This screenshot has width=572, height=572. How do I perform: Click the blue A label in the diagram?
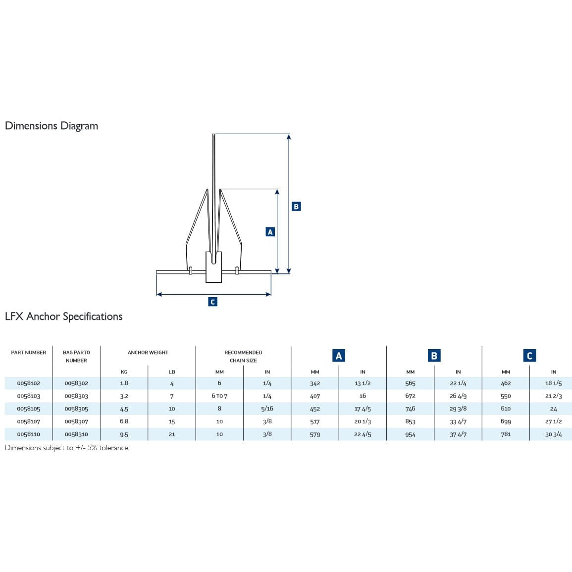(270, 232)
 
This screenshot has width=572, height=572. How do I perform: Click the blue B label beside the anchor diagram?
(296, 207)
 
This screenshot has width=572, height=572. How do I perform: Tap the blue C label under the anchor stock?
(212, 302)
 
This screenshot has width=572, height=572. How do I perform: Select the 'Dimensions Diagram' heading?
(52, 126)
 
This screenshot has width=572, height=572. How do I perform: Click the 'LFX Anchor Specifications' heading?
(63, 316)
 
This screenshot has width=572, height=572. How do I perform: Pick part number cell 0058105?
(28, 409)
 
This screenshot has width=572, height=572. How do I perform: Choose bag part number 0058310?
(76, 434)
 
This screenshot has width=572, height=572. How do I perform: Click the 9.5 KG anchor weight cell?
(124, 434)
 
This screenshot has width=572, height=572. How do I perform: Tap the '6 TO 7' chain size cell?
(219, 396)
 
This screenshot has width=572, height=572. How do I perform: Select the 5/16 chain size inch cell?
(267, 409)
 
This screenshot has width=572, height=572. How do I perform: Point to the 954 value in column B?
(410, 434)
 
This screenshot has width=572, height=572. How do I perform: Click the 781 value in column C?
(506, 434)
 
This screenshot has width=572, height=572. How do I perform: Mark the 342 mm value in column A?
(315, 383)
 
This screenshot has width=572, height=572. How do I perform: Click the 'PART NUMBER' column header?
(28, 353)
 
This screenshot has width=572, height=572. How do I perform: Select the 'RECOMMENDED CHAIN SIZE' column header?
(243, 357)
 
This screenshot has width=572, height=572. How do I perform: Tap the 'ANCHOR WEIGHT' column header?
(148, 353)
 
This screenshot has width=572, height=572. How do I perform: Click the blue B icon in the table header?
(434, 356)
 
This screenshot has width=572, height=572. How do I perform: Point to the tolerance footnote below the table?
(66, 448)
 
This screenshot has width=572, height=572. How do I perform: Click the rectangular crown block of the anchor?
(213, 270)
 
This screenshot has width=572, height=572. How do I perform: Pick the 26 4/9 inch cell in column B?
(458, 396)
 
